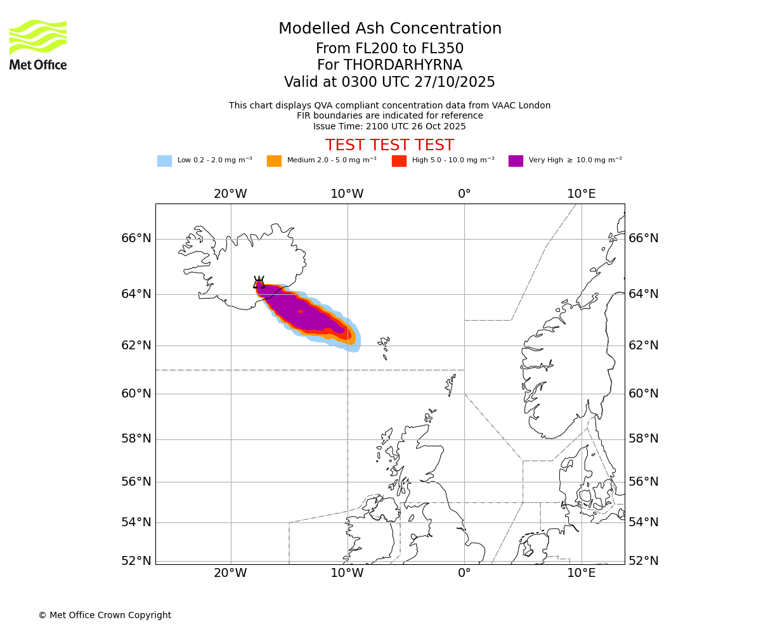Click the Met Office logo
[38, 44]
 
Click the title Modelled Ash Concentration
[390, 29]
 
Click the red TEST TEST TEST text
[389, 145]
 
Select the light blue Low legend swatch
[164, 160]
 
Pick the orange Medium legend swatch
[274, 160]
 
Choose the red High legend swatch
[399, 160]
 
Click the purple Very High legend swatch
[516, 160]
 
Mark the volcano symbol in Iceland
[259, 283]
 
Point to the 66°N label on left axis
[136, 238]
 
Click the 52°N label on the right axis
[644, 560]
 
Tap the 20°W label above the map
[230, 194]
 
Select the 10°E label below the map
[582, 573]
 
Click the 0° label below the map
[464, 573]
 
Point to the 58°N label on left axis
[136, 439]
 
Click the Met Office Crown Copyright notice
[105, 615]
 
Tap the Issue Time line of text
[389, 126]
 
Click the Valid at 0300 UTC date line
[389, 82]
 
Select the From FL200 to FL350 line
[389, 49]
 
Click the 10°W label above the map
[347, 194]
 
